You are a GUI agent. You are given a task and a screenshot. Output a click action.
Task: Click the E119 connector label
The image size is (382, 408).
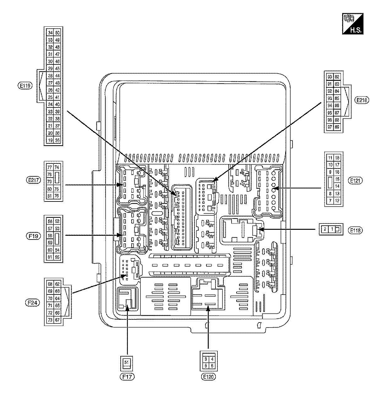[x=25, y=85]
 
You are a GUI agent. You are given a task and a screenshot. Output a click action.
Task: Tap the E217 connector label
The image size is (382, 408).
[x=33, y=180]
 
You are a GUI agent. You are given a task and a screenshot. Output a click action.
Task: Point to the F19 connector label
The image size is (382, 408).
[x=33, y=236]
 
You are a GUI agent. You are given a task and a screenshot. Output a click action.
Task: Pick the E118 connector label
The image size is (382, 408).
[x=356, y=230]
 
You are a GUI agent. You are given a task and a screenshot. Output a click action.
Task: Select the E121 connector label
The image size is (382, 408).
[x=356, y=180]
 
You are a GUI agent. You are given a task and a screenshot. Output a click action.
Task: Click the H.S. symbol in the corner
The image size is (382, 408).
[x=352, y=24]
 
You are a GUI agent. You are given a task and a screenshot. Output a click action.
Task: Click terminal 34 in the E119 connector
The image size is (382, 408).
[x=50, y=33]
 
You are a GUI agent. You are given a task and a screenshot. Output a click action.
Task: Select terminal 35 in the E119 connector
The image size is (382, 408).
[x=57, y=141]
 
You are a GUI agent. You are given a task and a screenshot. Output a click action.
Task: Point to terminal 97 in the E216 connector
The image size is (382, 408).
[x=330, y=127]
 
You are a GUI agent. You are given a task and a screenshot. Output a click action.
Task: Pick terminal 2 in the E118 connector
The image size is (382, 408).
[x=325, y=229]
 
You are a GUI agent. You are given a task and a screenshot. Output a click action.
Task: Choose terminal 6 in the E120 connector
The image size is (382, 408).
[x=213, y=366]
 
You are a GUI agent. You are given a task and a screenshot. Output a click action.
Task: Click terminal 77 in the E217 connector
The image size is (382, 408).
[x=50, y=168]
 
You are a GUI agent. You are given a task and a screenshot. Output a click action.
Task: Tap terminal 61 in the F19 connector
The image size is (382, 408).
[x=50, y=257]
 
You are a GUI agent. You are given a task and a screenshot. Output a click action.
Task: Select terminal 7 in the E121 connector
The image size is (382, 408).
[x=330, y=201]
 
